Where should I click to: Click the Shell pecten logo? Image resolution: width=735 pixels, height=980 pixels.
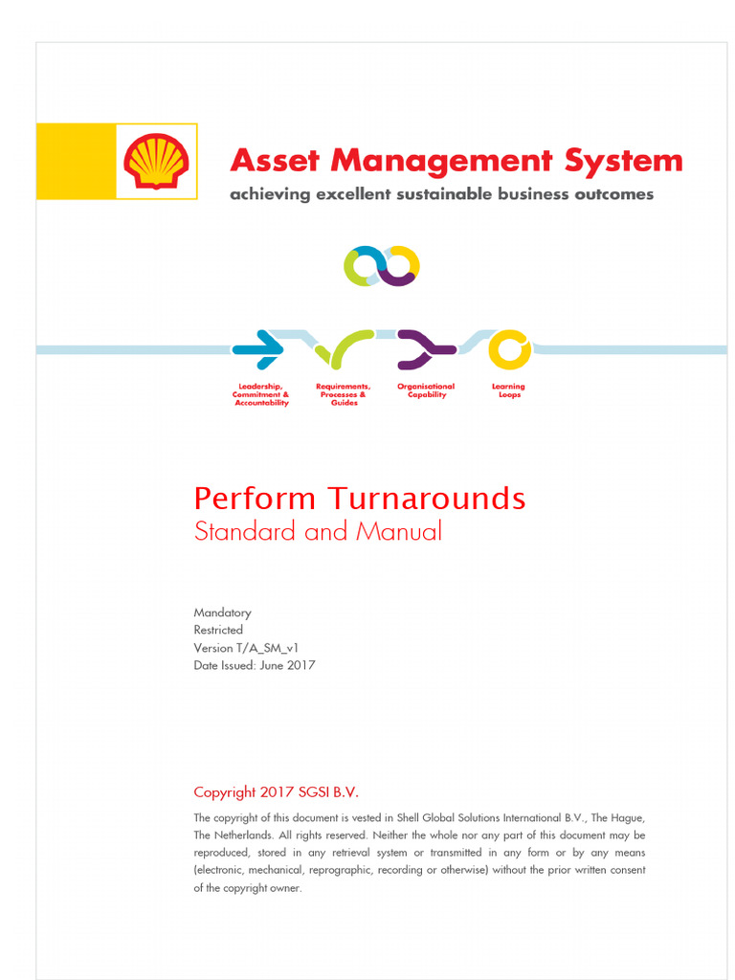tap(156, 161)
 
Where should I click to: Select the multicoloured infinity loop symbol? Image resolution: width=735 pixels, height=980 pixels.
tap(382, 266)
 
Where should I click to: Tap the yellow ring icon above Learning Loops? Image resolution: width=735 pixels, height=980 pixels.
tap(509, 349)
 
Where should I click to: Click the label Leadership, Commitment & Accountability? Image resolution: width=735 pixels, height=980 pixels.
tap(261, 394)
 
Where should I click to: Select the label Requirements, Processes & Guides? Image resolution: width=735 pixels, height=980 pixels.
tap(344, 394)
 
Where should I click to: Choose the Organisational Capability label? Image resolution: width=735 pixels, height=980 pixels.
tap(426, 390)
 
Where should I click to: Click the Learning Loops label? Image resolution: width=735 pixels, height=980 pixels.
tap(509, 390)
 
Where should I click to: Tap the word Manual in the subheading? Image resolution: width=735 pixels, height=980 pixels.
tap(399, 531)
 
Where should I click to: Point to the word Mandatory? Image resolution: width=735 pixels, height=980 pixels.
tap(222, 612)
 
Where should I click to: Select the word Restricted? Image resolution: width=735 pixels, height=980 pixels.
tap(218, 630)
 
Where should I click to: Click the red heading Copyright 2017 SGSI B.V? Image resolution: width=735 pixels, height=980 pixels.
tap(276, 791)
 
